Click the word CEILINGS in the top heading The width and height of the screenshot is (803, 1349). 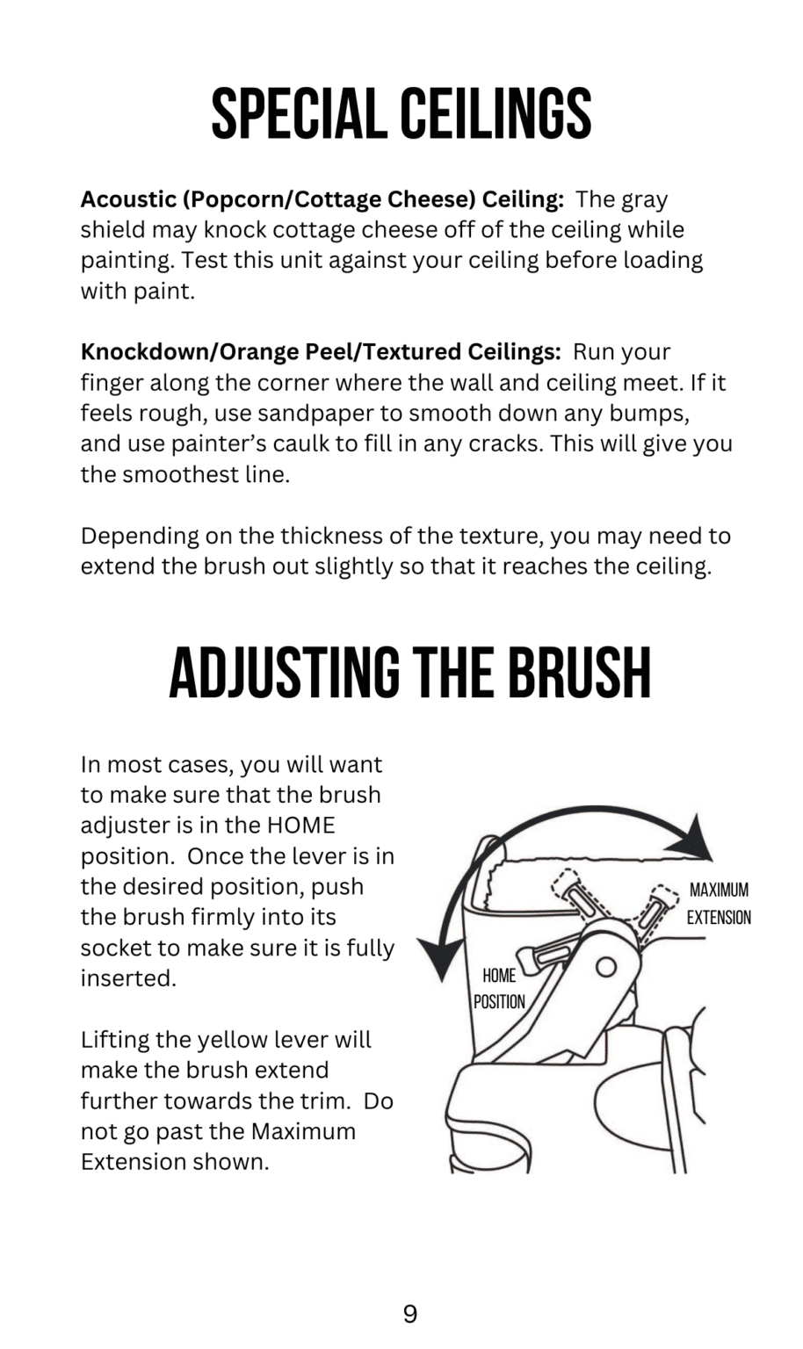tap(496, 114)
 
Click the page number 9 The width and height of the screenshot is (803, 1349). tap(409, 1314)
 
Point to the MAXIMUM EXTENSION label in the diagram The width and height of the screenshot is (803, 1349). tap(720, 904)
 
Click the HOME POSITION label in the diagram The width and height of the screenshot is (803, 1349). tap(499, 989)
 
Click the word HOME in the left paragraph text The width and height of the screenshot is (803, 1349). tap(300, 825)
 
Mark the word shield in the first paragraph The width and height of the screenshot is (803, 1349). tap(112, 230)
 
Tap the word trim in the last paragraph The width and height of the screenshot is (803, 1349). tap(325, 1100)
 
